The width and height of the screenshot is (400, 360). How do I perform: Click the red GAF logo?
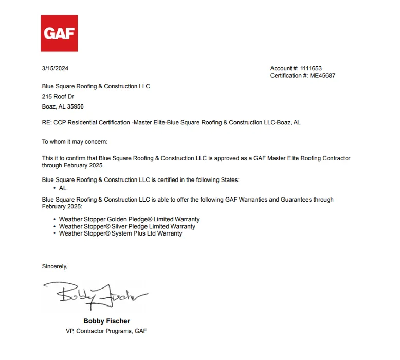click(59, 33)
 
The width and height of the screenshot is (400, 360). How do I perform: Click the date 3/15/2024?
click(55, 69)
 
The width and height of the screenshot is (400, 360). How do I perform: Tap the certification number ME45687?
click(322, 76)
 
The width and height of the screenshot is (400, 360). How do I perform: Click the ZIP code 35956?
click(75, 106)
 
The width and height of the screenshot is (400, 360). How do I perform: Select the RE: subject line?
click(171, 123)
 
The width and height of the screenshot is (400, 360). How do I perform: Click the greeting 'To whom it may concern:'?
click(75, 142)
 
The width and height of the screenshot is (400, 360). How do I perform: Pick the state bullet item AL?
click(63, 188)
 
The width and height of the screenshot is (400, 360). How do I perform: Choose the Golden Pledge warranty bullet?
click(129, 219)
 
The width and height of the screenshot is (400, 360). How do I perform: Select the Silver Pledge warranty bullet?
click(127, 226)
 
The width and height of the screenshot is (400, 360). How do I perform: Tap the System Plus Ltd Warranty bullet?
click(120, 233)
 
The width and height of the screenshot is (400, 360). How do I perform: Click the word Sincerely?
click(54, 266)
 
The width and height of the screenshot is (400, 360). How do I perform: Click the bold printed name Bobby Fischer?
click(106, 321)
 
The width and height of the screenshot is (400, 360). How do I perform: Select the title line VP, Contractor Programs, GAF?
click(106, 331)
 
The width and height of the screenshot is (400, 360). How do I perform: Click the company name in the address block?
click(96, 86)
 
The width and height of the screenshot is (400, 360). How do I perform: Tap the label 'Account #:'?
click(284, 69)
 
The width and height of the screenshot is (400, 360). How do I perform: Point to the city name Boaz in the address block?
click(48, 106)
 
